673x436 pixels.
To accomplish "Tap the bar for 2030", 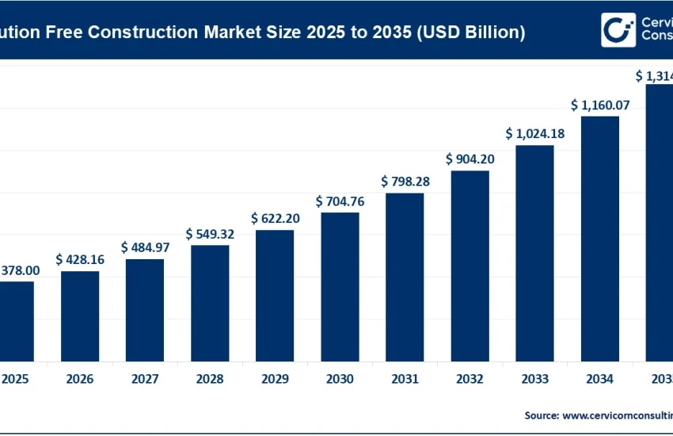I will pyautogui.click(x=340, y=285).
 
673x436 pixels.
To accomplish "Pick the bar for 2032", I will pyautogui.click(x=470, y=265).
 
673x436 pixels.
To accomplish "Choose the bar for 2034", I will pyautogui.click(x=599, y=238).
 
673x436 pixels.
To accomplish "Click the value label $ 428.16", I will pyautogui.click(x=80, y=259).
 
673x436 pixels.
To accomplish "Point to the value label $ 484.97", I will pyautogui.click(x=145, y=247).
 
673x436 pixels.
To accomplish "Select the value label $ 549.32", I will pyautogui.click(x=210, y=234).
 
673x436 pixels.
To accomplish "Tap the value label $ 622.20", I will pyautogui.click(x=275, y=218).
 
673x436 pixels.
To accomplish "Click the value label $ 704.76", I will pyautogui.click(x=340, y=201).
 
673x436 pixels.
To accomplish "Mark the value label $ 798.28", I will pyautogui.click(x=405, y=182).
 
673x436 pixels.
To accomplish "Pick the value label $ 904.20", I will pyautogui.click(x=470, y=159).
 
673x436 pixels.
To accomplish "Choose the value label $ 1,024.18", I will pyautogui.click(x=534, y=133).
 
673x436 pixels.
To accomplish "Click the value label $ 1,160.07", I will pyautogui.click(x=599, y=105).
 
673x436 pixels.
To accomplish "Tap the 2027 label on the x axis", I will pyautogui.click(x=145, y=380).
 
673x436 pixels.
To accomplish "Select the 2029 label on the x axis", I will pyautogui.click(x=275, y=380).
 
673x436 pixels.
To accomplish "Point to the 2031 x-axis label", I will pyautogui.click(x=405, y=380).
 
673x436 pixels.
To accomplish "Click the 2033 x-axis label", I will pyautogui.click(x=534, y=380).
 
